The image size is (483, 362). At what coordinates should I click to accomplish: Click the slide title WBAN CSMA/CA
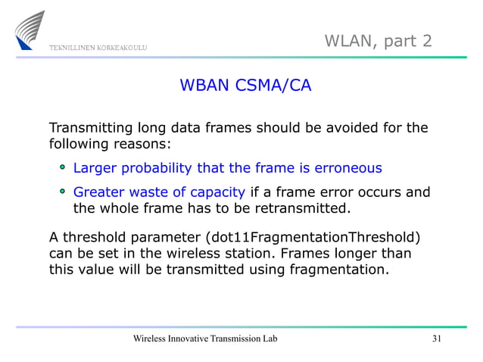(245, 86)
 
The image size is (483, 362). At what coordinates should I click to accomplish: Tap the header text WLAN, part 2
(379, 39)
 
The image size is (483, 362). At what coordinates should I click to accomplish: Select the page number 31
(435, 338)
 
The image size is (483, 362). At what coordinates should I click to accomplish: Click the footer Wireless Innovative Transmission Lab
(204, 338)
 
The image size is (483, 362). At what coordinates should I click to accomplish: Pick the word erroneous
(344, 167)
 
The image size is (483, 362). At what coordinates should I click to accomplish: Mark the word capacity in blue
(217, 192)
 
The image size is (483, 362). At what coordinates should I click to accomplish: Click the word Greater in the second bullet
(98, 192)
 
